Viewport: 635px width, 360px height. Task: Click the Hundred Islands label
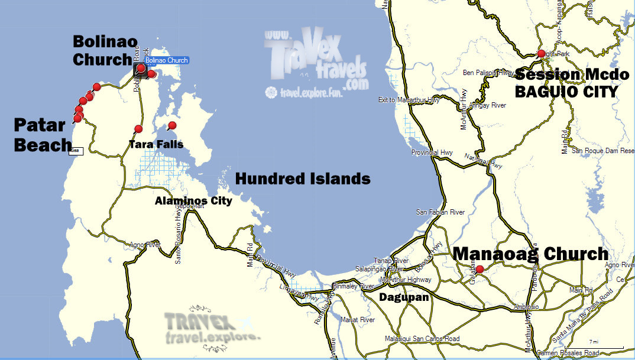(303, 179)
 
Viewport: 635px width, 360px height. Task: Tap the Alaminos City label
(193, 200)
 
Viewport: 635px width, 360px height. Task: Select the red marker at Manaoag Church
(480, 270)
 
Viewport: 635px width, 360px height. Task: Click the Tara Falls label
(157, 144)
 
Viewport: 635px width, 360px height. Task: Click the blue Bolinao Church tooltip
(167, 60)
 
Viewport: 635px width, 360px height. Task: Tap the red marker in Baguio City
(541, 54)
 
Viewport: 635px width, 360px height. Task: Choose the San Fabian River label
(440, 212)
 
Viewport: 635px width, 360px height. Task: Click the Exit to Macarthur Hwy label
(409, 100)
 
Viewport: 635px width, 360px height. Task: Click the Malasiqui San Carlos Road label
(422, 339)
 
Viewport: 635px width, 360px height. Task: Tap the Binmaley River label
(354, 286)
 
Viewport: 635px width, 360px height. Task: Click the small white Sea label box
(75, 151)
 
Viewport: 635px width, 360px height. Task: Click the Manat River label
(358, 320)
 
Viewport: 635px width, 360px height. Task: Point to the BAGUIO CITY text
(566, 92)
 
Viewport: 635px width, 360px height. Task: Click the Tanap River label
(391, 261)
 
